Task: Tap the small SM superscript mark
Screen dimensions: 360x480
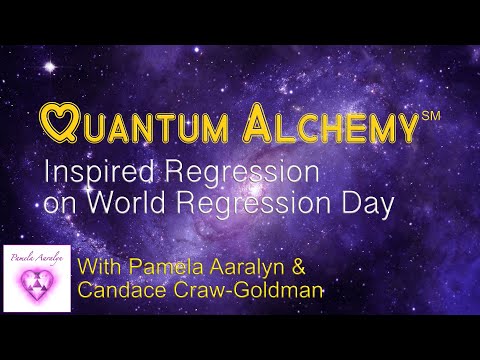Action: click(431, 117)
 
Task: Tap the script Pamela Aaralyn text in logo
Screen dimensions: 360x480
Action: click(37, 257)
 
